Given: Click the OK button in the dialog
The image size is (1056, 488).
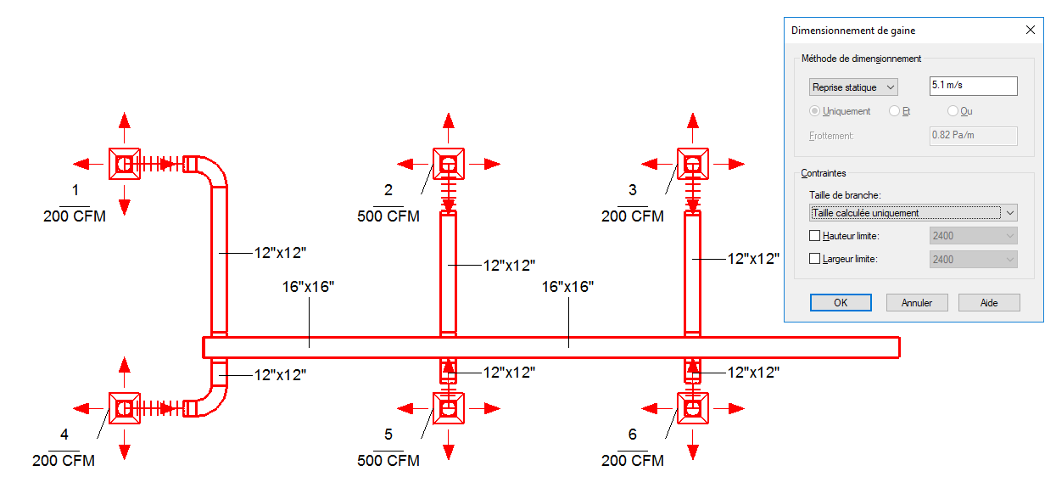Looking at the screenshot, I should [840, 303].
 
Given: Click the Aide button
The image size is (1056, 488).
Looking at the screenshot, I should [988, 303].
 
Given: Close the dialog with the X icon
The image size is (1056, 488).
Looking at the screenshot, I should [1031, 30].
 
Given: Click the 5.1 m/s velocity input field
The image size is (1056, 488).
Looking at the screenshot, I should [972, 86].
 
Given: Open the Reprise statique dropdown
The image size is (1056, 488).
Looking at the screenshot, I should [853, 87].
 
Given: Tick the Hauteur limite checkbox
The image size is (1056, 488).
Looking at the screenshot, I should [815, 236].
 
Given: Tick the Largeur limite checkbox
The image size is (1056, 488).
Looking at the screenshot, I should [815, 259].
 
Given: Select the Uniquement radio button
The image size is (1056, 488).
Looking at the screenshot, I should [815, 111].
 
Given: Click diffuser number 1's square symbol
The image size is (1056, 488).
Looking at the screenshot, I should [125, 163].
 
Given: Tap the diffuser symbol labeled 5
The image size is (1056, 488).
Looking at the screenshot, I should [449, 408].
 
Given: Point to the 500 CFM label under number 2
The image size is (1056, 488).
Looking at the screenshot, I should [388, 216].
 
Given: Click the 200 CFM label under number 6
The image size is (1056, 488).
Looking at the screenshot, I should [632, 461].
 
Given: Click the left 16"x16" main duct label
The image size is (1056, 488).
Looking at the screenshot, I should [308, 287].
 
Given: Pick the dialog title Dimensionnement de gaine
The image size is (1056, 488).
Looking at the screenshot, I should [852, 31].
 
